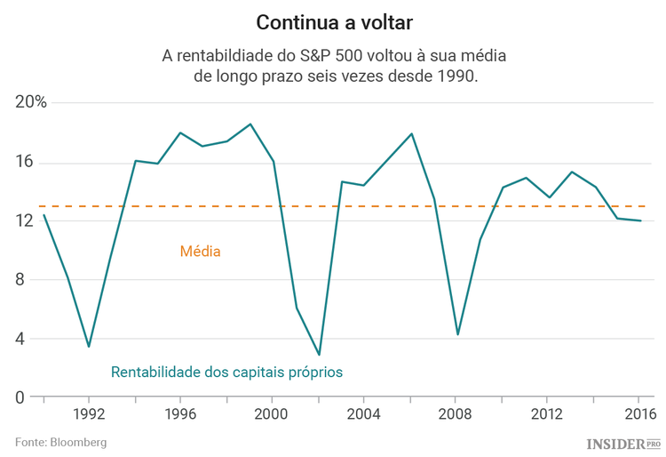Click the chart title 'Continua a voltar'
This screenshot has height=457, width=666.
tap(334, 20)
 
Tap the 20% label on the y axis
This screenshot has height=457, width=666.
tap(31, 102)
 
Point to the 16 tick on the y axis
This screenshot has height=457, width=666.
tap(24, 162)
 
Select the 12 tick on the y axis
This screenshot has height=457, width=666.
tap(24, 220)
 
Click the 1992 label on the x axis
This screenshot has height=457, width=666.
tap(89, 414)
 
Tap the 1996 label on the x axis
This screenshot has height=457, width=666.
tap(180, 414)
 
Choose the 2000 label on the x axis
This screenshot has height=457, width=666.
tap(272, 414)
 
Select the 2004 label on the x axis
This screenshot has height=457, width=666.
tap(363, 414)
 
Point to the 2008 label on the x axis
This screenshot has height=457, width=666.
tap(456, 414)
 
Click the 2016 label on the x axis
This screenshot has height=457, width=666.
tap(638, 414)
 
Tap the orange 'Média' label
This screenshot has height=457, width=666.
tap(200, 252)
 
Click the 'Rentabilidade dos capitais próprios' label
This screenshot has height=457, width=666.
tap(226, 372)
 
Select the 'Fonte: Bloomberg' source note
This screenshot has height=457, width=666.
tap(60, 442)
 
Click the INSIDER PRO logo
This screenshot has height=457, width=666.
tap(623, 443)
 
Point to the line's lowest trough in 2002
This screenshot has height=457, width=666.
tap(319, 355)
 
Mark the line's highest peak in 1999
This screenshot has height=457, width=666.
tap(250, 124)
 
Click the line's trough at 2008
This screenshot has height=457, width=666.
tap(457, 334)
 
